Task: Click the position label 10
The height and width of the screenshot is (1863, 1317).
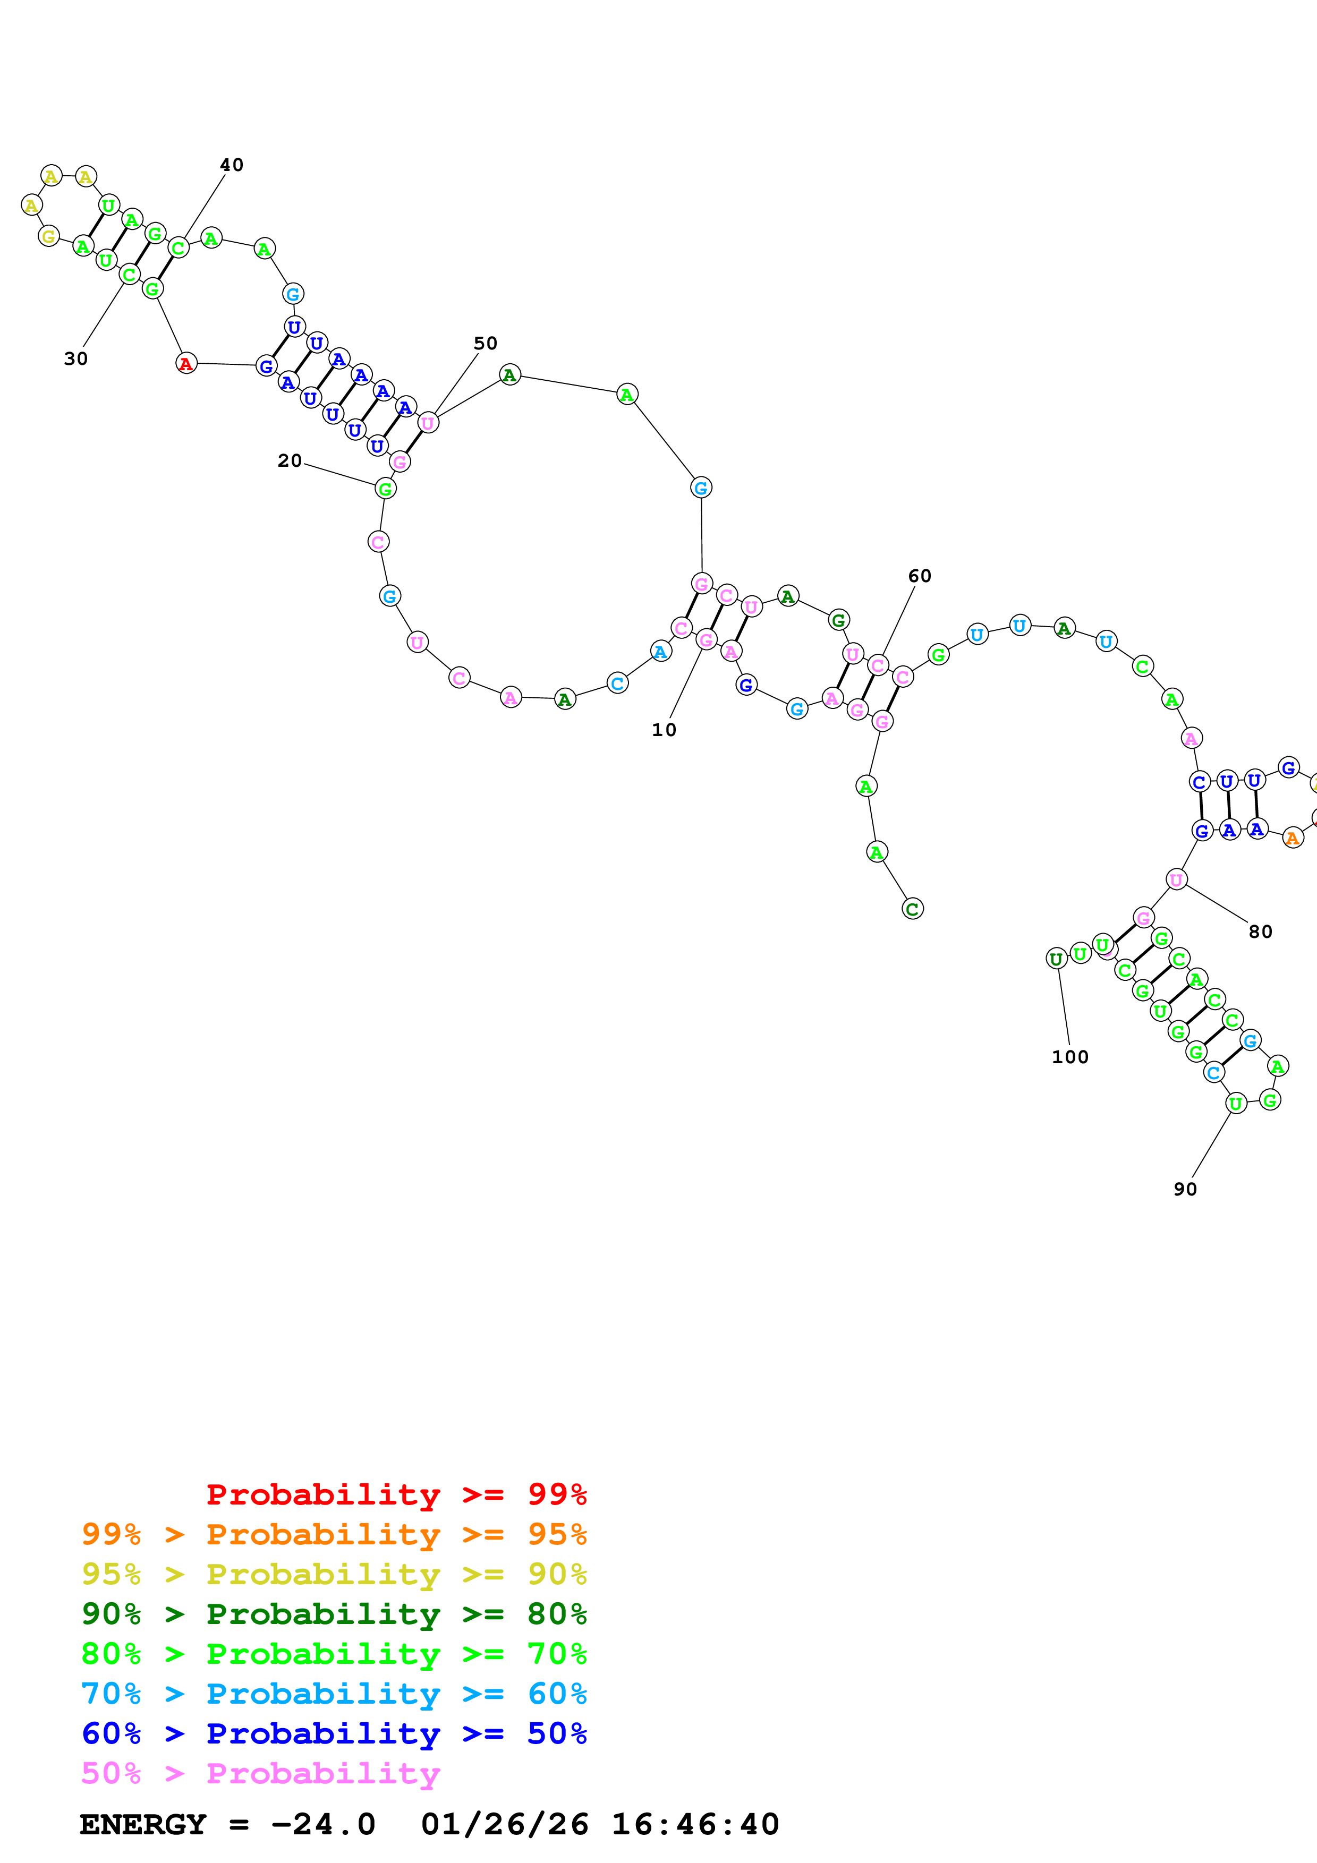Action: tap(663, 730)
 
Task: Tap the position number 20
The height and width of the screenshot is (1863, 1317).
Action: tap(290, 461)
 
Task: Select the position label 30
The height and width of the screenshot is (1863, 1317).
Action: tap(75, 358)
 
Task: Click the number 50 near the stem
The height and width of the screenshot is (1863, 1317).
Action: tap(485, 343)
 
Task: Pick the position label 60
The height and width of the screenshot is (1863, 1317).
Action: tap(920, 576)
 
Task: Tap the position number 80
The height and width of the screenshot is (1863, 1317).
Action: tap(1260, 931)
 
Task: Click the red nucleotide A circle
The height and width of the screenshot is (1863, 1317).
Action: tap(186, 363)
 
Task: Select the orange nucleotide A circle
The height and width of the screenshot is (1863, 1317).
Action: tap(1293, 838)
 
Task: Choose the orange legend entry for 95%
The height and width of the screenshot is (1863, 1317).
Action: tap(334, 1534)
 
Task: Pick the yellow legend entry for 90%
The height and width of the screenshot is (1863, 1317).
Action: tap(334, 1574)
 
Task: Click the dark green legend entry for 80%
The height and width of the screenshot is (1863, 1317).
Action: tap(334, 1614)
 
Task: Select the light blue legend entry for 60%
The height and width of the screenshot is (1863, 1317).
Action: tap(334, 1694)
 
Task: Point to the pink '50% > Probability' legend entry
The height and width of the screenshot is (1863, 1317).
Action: tap(260, 1773)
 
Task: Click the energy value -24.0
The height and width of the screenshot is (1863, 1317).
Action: tap(323, 1824)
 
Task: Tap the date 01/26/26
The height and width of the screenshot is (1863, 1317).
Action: tap(505, 1824)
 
